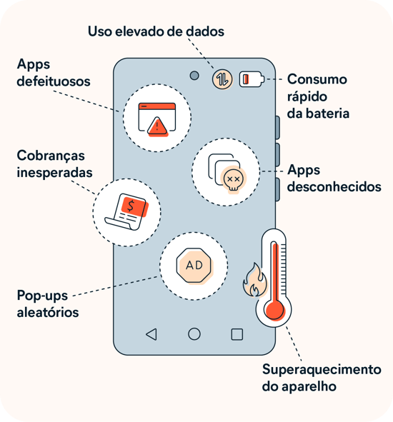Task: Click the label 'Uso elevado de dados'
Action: coord(156,31)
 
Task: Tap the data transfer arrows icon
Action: coord(222,79)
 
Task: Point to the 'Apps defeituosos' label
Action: coord(54,73)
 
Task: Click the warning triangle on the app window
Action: coord(156,127)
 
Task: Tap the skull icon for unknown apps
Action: coord(232,178)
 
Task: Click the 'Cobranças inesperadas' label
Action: coord(56,164)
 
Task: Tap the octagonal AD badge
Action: coord(194,265)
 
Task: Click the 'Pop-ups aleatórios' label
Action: coord(48,303)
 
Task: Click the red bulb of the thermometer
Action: coord(274,309)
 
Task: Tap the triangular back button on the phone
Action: coord(151,334)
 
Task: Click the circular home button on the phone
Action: coord(194,334)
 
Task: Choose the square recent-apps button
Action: coord(237,334)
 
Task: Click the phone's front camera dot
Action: coord(194,76)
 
